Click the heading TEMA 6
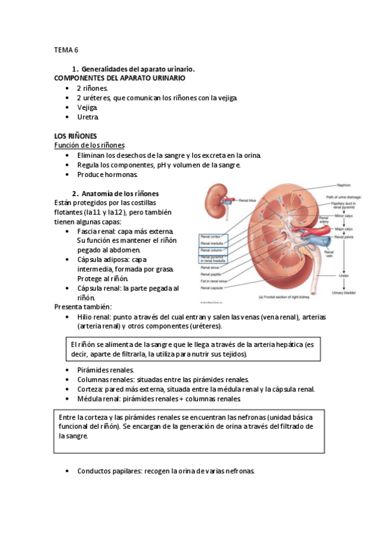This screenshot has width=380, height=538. [66, 49]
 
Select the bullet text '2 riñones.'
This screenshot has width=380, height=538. [93, 88]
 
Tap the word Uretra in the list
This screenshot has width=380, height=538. [88, 117]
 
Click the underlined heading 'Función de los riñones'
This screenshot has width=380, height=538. [89, 145]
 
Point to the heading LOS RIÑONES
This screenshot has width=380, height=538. [75, 136]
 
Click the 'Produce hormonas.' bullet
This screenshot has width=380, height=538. [107, 174]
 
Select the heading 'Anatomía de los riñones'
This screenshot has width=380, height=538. [120, 194]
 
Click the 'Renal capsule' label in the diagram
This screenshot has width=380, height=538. [213, 286]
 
